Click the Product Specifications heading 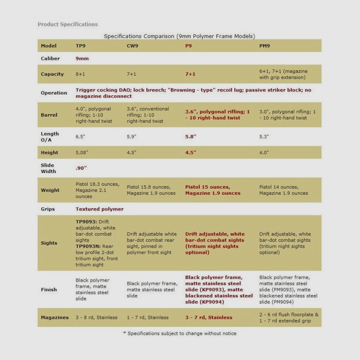(67, 24)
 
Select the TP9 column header (81, 46)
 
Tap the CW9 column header (133, 46)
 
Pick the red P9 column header (189, 46)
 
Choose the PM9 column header (264, 46)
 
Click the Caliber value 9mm (82, 59)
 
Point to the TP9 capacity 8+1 (80, 74)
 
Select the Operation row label (54, 93)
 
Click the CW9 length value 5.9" (132, 137)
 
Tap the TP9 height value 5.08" (82, 153)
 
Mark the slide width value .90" (81, 168)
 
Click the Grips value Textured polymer (99, 209)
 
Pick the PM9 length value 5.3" (264, 137)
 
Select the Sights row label (49, 243)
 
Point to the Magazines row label (55, 317)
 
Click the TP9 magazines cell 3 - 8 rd (97, 317)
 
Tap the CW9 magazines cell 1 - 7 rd (148, 317)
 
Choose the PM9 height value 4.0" (264, 153)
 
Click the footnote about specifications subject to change (180, 333)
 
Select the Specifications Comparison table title (179, 36)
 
